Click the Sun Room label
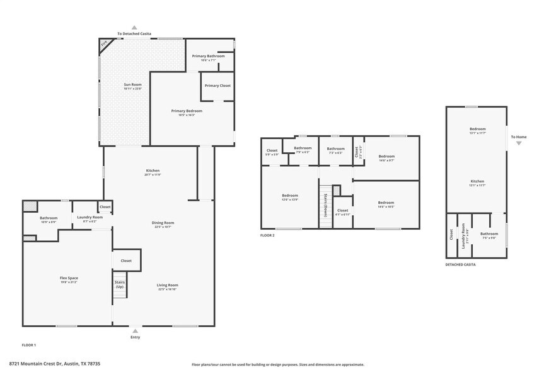(x=132, y=86)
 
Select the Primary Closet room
(x=217, y=86)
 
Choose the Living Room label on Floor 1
(x=168, y=287)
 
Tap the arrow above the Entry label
(x=135, y=329)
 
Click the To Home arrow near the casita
(x=519, y=143)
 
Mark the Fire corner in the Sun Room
(x=105, y=44)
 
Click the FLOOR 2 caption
(x=267, y=235)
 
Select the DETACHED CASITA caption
(x=460, y=265)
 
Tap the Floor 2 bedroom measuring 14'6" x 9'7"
(x=386, y=158)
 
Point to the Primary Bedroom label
(x=187, y=113)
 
